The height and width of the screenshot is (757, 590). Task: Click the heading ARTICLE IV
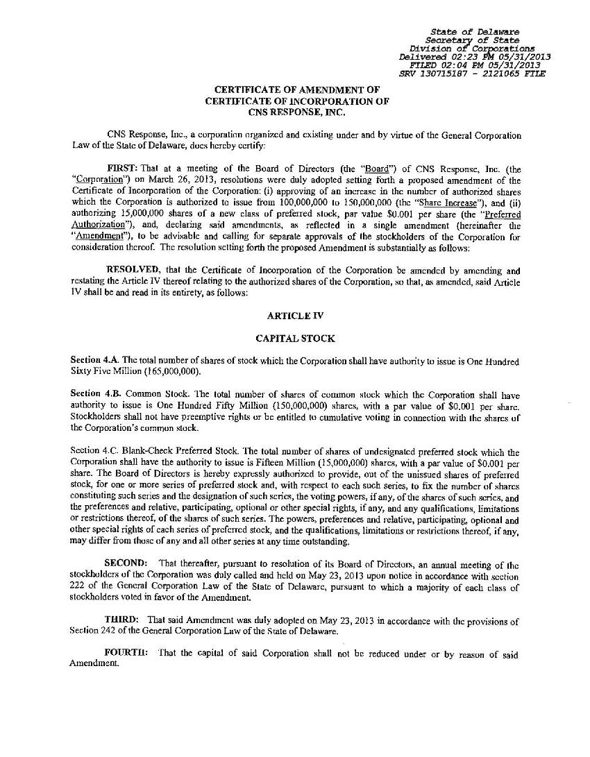[x=295, y=316]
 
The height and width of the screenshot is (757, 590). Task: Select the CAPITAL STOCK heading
[x=295, y=339]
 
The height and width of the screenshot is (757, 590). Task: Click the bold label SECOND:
[x=126, y=562]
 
